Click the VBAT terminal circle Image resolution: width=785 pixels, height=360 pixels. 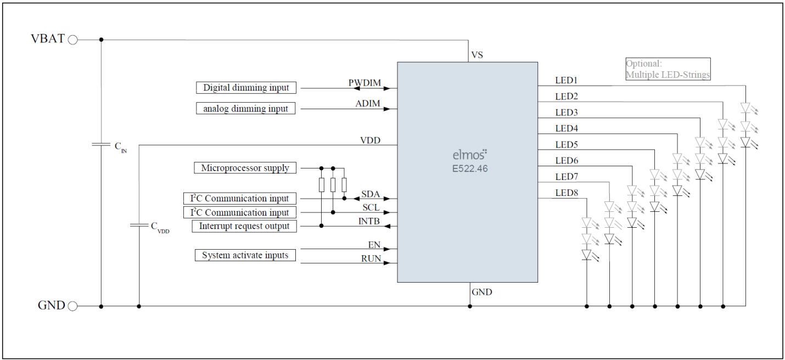pos(72,40)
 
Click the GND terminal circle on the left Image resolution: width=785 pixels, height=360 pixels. pos(72,306)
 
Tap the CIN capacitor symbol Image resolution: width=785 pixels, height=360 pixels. pos(101,144)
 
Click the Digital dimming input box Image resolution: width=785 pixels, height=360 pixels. pos(246,88)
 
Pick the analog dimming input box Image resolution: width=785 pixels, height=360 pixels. pos(245,109)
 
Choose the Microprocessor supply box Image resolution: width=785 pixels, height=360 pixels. pos(245,168)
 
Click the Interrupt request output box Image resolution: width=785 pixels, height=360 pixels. pos(244,226)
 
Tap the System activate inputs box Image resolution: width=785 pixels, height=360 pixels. pos(245,256)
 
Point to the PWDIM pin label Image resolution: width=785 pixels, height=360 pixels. pos(365,83)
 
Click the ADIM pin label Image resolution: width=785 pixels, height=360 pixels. pos(368,104)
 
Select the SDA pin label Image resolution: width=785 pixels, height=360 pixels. pos(371,194)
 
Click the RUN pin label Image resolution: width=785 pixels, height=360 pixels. pos(371,258)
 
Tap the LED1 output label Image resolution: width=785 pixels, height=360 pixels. pos(567,81)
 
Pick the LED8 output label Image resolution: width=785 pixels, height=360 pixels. pos(567,193)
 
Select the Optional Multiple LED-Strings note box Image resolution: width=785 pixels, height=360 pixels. pos(668,69)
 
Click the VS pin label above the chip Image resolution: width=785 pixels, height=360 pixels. pos(477,55)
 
